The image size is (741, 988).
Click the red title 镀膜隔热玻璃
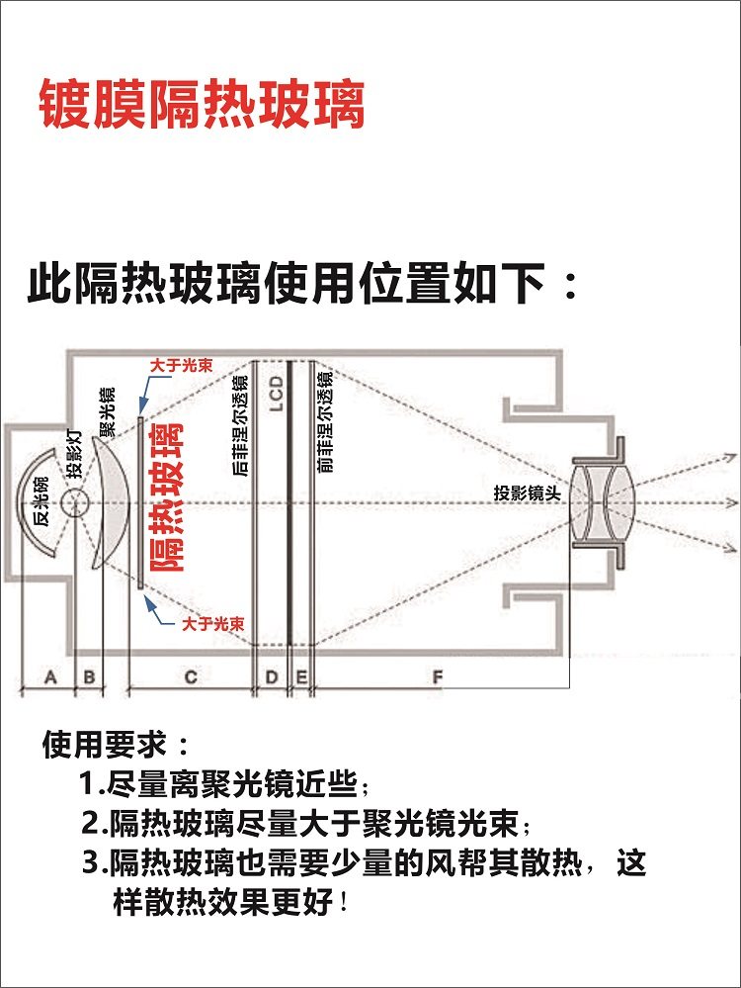(x=202, y=104)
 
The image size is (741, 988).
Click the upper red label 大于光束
(x=182, y=366)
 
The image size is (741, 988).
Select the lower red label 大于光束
(x=212, y=624)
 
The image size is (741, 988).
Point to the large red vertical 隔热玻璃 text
(x=166, y=497)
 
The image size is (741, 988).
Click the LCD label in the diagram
(x=277, y=394)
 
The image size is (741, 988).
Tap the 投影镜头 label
(x=527, y=493)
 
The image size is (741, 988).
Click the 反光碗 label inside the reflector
(x=41, y=501)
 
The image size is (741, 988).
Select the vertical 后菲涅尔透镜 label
(x=240, y=425)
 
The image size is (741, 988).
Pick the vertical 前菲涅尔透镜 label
(x=325, y=422)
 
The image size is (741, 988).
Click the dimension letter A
(x=50, y=677)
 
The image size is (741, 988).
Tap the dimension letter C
(x=191, y=677)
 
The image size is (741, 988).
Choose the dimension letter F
(x=438, y=677)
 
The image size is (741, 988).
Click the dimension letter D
(x=272, y=677)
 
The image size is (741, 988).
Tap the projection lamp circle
(x=75, y=502)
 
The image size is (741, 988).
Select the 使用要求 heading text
(x=104, y=745)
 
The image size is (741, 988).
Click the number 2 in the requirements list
(x=90, y=824)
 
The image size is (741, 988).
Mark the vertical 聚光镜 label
(x=108, y=412)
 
